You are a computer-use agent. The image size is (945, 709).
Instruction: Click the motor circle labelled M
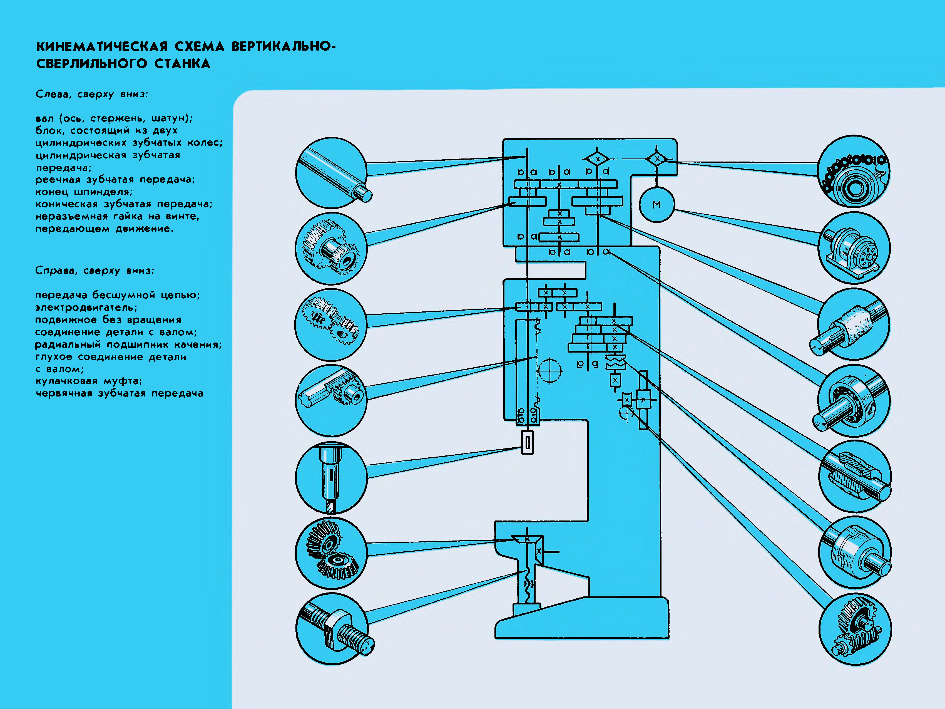click(656, 205)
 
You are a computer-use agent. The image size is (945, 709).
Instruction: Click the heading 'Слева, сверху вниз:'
click(92, 94)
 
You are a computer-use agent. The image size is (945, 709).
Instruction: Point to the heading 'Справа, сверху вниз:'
click(94, 271)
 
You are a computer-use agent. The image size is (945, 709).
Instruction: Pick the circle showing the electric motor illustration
click(854, 248)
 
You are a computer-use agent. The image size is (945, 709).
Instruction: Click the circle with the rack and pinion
click(331, 400)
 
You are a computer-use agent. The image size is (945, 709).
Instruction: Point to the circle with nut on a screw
click(332, 629)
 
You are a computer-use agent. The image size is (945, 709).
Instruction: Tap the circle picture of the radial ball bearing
click(854, 400)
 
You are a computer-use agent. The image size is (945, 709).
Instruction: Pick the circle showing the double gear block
click(331, 249)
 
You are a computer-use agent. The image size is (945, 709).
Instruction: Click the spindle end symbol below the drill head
click(528, 443)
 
